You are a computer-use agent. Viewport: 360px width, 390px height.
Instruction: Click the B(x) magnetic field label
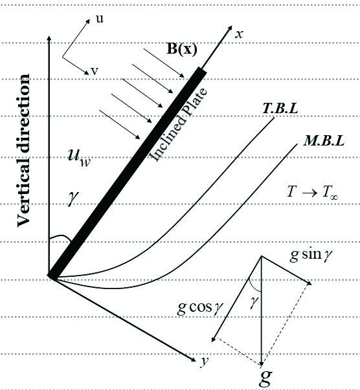pyautogui.click(x=182, y=49)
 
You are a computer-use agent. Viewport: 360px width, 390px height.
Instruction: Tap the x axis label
pyautogui.click(x=239, y=34)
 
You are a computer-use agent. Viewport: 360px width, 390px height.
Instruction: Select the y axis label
pyautogui.click(x=205, y=360)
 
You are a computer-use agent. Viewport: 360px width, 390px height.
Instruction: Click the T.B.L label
pyautogui.click(x=280, y=108)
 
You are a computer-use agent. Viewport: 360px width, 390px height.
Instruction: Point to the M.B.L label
pyautogui.click(x=324, y=141)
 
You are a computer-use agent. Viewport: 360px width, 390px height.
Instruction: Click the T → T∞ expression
pyautogui.click(x=313, y=192)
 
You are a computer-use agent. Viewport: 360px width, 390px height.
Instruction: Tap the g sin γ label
pyautogui.click(x=311, y=255)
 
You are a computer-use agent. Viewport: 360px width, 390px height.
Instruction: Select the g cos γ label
pyautogui.click(x=200, y=308)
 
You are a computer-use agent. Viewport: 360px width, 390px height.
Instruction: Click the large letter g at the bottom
pyautogui.click(x=265, y=378)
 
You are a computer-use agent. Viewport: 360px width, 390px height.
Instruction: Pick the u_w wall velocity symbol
pyautogui.click(x=79, y=158)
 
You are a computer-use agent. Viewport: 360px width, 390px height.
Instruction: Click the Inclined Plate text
pyautogui.click(x=178, y=125)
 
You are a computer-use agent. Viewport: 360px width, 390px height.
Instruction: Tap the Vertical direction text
pyautogui.click(x=24, y=151)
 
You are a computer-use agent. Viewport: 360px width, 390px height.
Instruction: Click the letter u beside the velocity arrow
pyautogui.click(x=100, y=19)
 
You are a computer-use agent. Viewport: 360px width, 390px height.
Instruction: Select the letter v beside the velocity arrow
pyautogui.click(x=95, y=71)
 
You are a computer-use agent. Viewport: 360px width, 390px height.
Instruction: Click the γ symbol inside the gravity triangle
pyautogui.click(x=254, y=303)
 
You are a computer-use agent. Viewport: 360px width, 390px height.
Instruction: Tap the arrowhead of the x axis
pyautogui.click(x=230, y=27)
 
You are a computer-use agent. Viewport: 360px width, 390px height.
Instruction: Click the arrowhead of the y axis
pyautogui.click(x=194, y=360)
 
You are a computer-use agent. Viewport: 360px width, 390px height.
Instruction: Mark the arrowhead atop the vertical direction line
pyautogui.click(x=49, y=38)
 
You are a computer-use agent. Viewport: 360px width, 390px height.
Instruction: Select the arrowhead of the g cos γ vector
pyautogui.click(x=214, y=340)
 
